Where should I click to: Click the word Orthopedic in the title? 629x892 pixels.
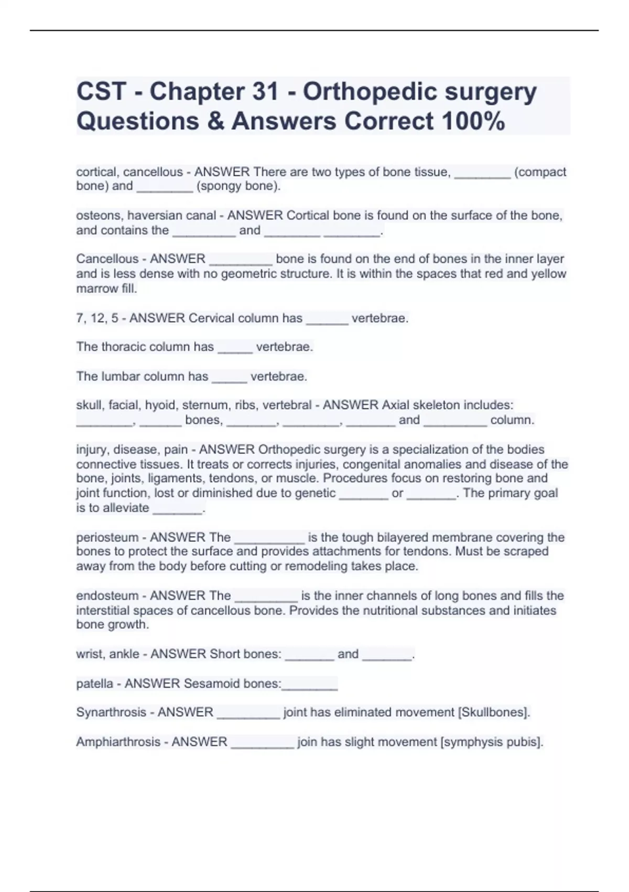370,92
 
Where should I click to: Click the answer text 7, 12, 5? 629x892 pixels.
97,318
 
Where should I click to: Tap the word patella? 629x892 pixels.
94,683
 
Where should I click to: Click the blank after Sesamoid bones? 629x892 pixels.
310,687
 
